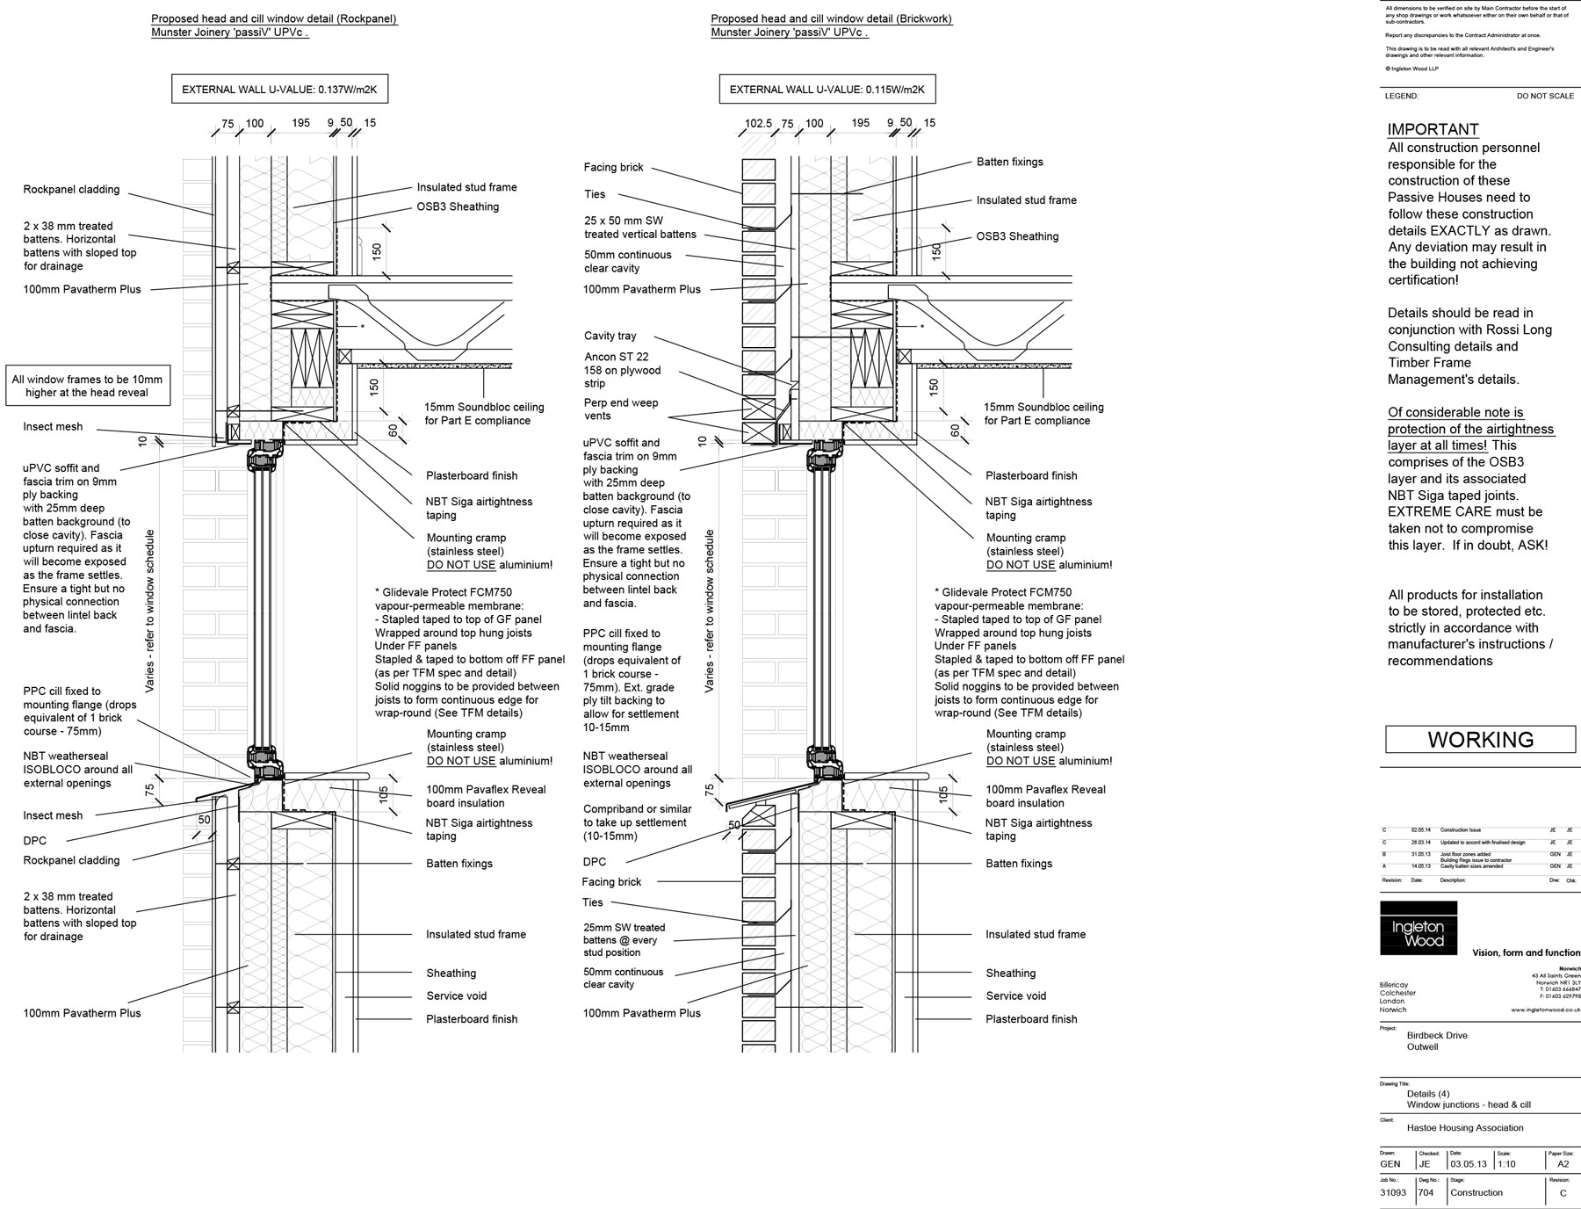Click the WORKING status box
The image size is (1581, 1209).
click(1480, 740)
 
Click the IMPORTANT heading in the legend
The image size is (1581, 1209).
click(1433, 129)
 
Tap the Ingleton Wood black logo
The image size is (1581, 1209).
click(1418, 928)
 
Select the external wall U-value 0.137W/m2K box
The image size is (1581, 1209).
click(280, 90)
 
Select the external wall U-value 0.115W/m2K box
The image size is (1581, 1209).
click(827, 90)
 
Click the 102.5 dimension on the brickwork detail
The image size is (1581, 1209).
click(757, 124)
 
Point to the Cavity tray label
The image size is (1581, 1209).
click(610, 336)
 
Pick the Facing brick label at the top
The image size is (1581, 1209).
click(613, 167)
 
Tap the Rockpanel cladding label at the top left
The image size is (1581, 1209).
click(71, 190)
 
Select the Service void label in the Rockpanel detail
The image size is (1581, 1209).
click(456, 995)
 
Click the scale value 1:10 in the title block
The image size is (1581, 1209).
click(1506, 1164)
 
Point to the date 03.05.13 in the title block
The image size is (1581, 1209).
click(1469, 1164)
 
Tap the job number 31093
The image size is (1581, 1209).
click(1393, 1192)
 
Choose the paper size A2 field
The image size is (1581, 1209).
click(1563, 1164)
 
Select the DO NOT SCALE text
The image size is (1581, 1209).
click(1545, 96)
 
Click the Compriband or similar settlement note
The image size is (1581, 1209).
click(637, 822)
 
